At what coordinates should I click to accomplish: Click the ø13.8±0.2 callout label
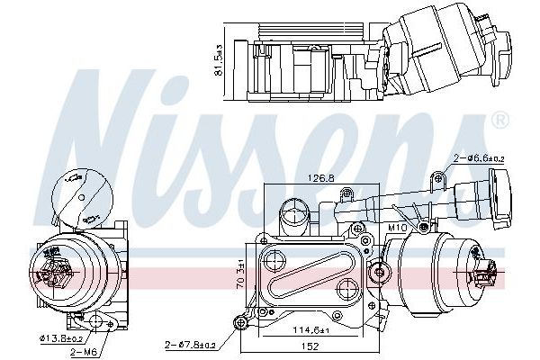coord(59,338)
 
